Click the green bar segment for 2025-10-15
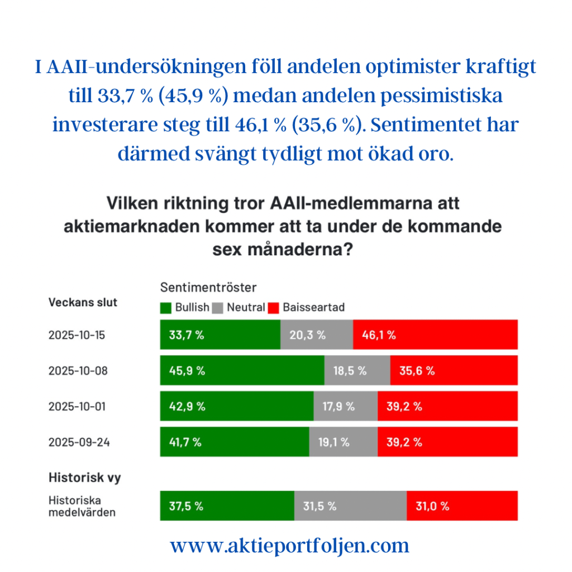click(x=220, y=335)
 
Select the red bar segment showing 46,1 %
click(x=435, y=335)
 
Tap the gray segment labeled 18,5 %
click(x=357, y=370)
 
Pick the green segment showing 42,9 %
click(x=237, y=406)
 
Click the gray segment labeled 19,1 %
click(x=343, y=442)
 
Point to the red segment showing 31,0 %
click(x=462, y=506)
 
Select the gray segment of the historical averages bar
click(x=350, y=506)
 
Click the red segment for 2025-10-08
click(x=454, y=370)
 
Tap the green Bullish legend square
click(x=166, y=307)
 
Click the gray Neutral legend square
click(x=218, y=307)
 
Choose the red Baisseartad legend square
click(x=274, y=307)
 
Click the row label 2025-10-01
click(x=77, y=406)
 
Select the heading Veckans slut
click(x=83, y=302)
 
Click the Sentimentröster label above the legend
click(x=208, y=288)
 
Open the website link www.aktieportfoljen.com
click(x=289, y=546)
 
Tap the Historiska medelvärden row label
click(x=82, y=506)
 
